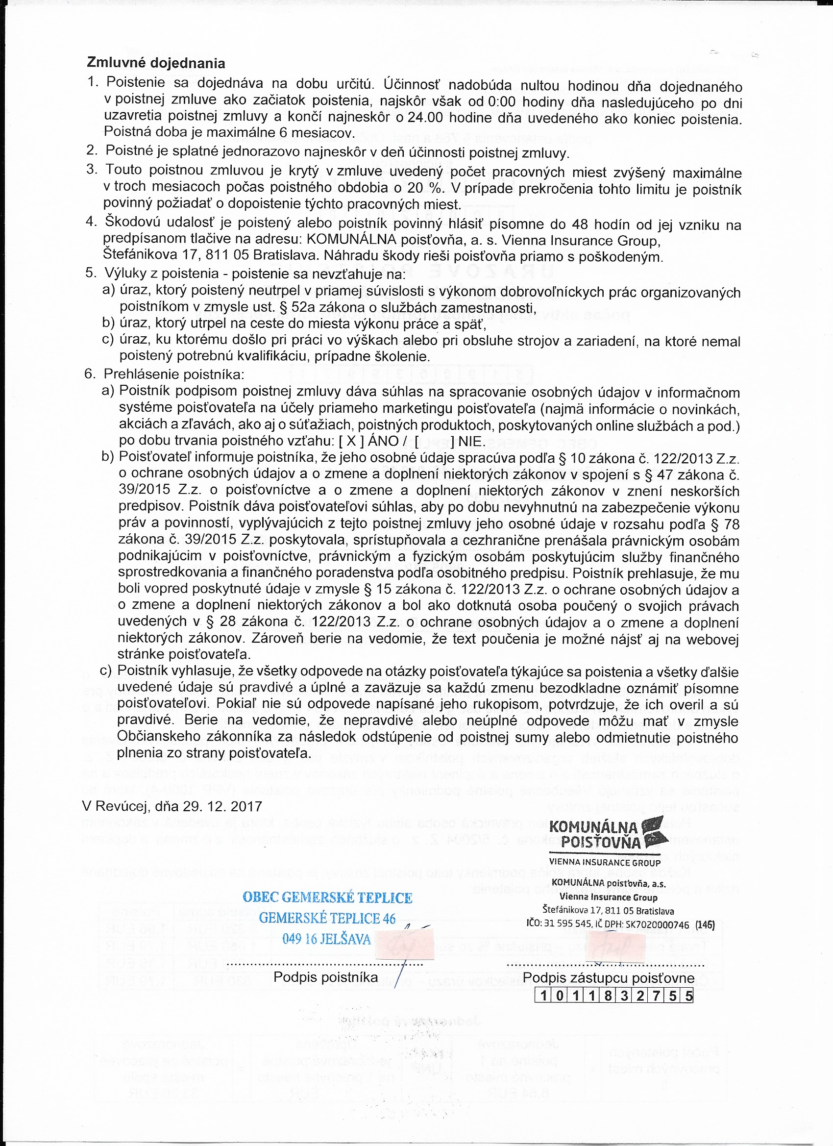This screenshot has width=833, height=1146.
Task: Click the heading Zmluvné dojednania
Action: pos(156,63)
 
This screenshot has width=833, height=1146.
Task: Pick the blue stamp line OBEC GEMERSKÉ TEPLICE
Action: pos(327,897)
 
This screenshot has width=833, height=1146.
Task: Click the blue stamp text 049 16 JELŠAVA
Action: pos(326,939)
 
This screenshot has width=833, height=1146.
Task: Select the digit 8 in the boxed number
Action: pos(608,996)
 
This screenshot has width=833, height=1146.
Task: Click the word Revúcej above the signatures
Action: pos(122,806)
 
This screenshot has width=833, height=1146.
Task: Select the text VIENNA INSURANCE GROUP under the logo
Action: pos(604,863)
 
